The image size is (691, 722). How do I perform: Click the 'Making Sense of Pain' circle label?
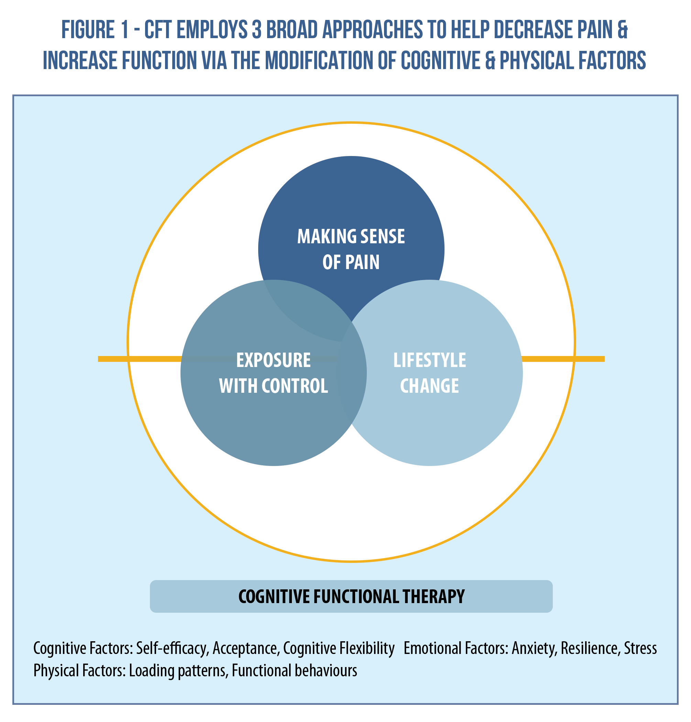click(351, 249)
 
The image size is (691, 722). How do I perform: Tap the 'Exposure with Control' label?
click(273, 373)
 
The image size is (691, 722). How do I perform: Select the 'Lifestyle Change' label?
click(429, 373)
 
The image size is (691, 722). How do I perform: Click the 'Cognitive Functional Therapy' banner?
click(351, 596)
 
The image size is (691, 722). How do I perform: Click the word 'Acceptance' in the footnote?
click(245, 648)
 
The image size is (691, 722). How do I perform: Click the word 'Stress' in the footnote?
click(640, 648)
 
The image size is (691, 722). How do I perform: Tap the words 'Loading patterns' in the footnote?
click(177, 670)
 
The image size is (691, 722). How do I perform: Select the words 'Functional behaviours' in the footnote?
click(294, 670)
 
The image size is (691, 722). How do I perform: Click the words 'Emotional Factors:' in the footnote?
click(456, 648)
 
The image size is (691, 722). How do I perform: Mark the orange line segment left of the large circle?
click(113, 359)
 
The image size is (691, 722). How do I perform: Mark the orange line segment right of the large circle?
click(589, 359)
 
